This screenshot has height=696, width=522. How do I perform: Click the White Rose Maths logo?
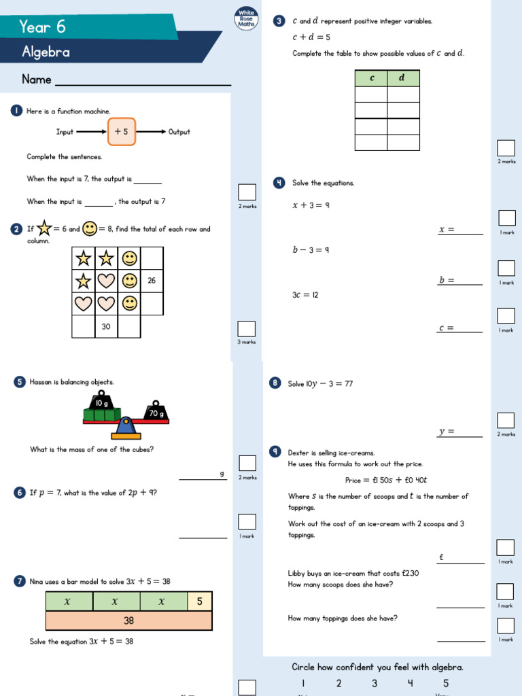click(x=246, y=18)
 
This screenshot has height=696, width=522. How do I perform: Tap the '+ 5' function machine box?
click(x=122, y=132)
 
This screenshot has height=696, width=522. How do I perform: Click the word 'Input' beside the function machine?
click(x=65, y=132)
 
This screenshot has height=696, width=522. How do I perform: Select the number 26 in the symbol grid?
click(x=152, y=281)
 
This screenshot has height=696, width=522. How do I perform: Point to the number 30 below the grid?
click(x=106, y=327)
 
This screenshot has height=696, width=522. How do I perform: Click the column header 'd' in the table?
click(x=402, y=78)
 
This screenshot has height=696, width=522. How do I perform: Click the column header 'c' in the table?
click(x=372, y=78)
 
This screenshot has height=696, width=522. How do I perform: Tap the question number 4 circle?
click(x=279, y=183)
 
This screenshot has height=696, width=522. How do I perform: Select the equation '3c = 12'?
click(x=305, y=295)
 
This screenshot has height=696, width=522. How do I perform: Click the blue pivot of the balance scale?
click(x=125, y=428)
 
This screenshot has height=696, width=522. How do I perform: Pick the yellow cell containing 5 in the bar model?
click(x=199, y=602)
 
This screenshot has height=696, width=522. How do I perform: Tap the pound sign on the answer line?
click(x=441, y=557)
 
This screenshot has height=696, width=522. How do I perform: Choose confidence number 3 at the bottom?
click(x=375, y=684)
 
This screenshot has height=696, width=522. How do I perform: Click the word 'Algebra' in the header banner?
click(x=46, y=52)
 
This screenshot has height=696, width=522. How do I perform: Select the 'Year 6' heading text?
click(x=42, y=27)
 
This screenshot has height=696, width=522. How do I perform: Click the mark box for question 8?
click(x=506, y=420)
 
